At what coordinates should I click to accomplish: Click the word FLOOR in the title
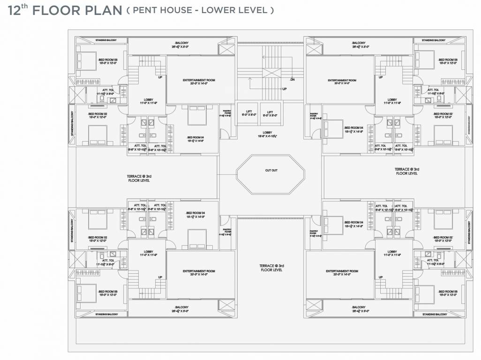pos(57,11)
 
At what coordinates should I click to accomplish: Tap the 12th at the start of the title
pos(19,10)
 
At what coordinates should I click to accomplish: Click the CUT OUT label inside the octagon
pos(271,170)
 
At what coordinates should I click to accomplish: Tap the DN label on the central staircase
pos(292,80)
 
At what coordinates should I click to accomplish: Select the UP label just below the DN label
pos(284,89)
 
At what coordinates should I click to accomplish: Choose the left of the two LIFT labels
pos(249,112)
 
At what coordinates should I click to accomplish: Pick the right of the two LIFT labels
pos(270,112)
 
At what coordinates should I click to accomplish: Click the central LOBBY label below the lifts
pos(268,133)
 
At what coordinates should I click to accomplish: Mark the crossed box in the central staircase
pos(271,73)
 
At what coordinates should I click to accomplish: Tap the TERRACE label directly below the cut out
pos(271,268)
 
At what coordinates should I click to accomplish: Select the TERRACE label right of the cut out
pos(406,171)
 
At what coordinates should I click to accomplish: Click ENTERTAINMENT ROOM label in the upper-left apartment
pos(199,81)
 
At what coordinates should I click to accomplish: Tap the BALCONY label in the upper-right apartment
pos(359,43)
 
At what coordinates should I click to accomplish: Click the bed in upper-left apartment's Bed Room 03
pos(85,60)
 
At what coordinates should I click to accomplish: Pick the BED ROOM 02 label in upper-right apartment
pos(443,114)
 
